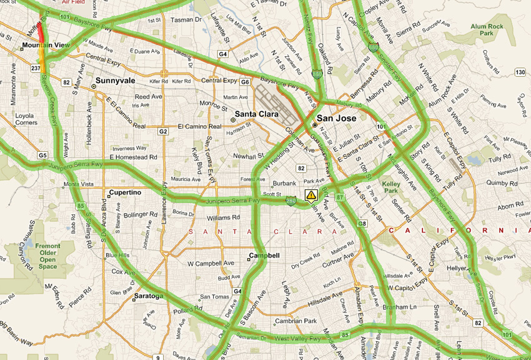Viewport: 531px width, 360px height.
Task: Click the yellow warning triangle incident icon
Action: pos(311,195)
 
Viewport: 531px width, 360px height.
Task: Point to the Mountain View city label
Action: pos(45,46)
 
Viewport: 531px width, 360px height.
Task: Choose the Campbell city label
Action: pos(264,256)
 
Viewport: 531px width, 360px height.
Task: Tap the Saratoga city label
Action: pos(148,296)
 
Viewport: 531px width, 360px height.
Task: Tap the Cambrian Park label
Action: pos(297,321)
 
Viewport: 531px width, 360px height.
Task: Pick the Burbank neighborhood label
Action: pos(284,184)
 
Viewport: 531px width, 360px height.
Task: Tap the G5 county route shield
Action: pos(42,155)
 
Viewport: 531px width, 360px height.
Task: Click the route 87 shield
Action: pos(339,197)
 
